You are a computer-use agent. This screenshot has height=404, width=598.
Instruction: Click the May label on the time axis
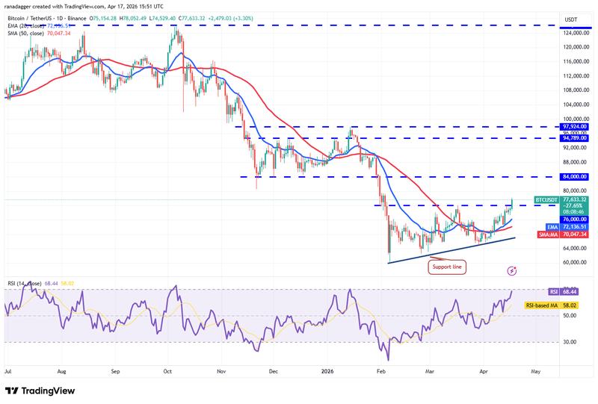(536, 370)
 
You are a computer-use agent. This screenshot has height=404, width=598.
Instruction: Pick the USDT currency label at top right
(571, 19)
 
